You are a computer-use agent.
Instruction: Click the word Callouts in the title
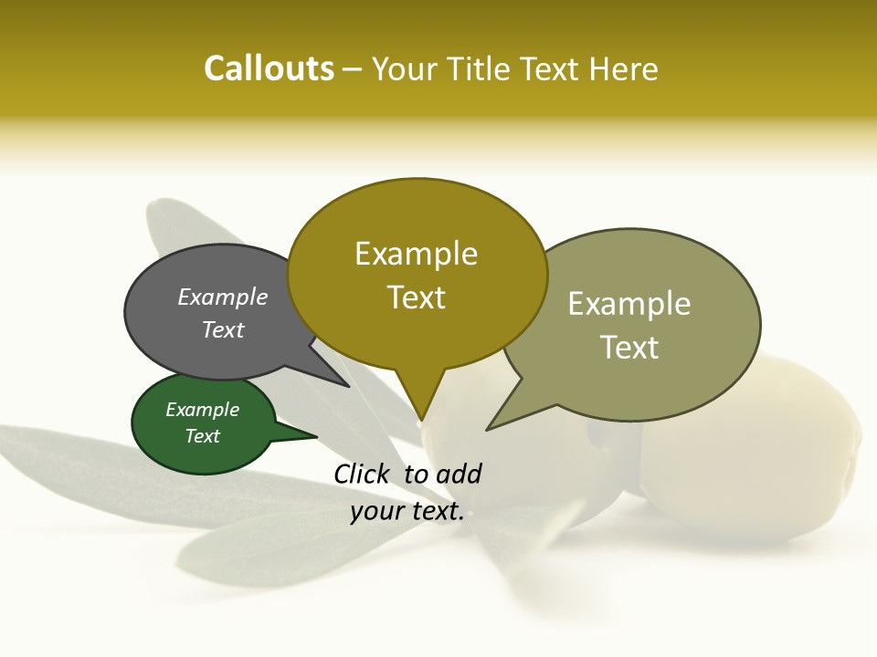click(x=269, y=68)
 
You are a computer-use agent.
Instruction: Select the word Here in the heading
click(x=623, y=69)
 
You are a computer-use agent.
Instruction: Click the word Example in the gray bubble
click(x=223, y=297)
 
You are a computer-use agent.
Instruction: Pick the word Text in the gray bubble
click(x=223, y=329)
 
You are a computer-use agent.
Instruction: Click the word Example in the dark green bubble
click(x=203, y=410)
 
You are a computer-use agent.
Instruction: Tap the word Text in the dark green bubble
click(x=203, y=436)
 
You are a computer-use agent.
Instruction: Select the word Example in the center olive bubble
click(x=417, y=254)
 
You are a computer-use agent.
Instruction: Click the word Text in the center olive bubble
click(x=417, y=297)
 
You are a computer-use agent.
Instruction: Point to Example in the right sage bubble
click(x=629, y=304)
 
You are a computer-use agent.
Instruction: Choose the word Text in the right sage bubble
click(x=629, y=348)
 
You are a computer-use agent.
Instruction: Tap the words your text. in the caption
click(x=407, y=511)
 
